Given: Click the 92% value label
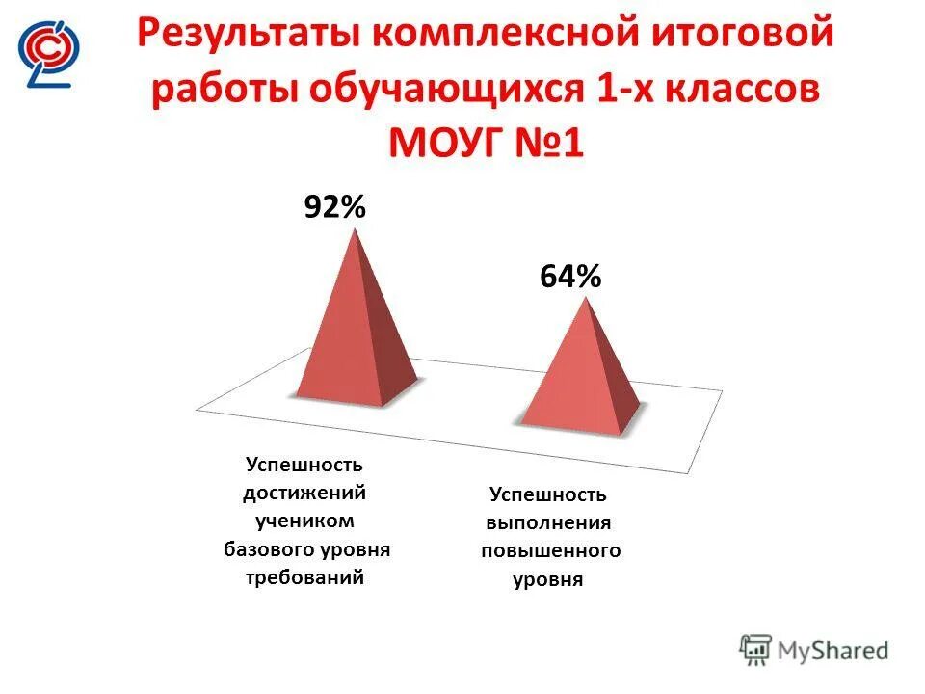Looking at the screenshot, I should (334, 207).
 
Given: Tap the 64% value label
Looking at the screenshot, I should (569, 278).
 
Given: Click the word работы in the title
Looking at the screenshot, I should (224, 91).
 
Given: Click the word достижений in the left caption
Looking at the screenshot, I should (305, 493).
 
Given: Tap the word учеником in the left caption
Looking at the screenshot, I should (305, 521).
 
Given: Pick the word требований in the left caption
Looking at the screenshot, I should (305, 578).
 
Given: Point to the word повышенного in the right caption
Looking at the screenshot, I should (549, 552).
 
